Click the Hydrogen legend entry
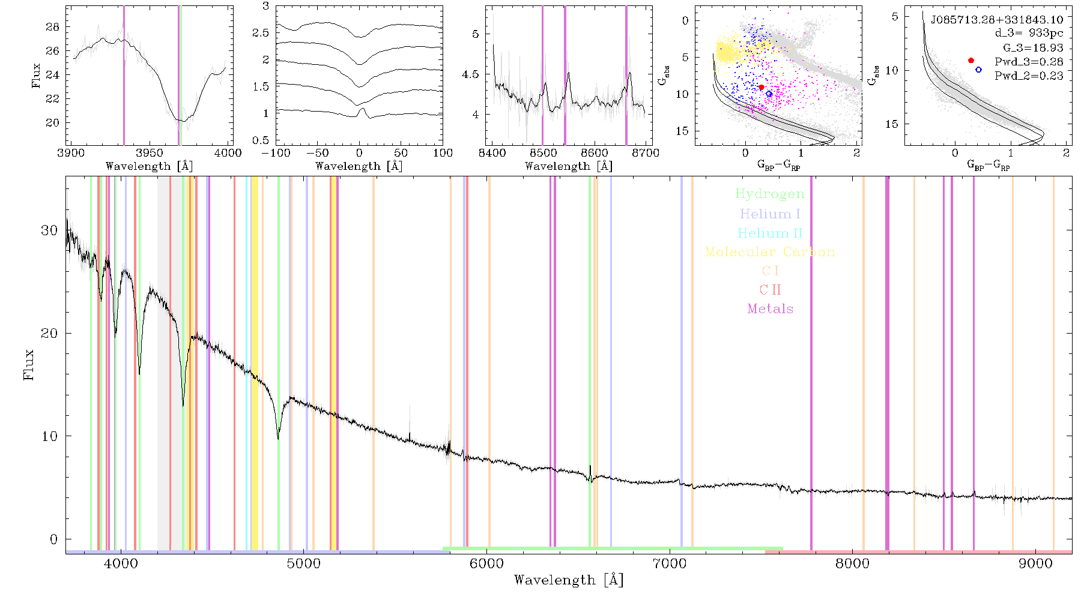coord(769,194)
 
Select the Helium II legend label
coord(770,233)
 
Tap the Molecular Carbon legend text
coord(770,252)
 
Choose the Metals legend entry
coord(771,309)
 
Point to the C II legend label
coord(770,290)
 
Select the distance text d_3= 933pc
coord(1029,34)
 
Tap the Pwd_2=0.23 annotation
coord(1029,76)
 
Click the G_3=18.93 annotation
coord(1033,48)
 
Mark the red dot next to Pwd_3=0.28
coord(971,61)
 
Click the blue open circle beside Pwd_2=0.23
coord(978,70)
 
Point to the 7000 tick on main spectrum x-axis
coord(670,563)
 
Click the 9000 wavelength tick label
coord(1035,563)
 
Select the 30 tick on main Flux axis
coord(49,230)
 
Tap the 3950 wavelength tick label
coord(150,152)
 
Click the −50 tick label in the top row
coord(317,152)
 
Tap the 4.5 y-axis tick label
coord(471,74)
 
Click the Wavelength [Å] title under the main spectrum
coord(569,580)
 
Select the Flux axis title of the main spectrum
coord(28,365)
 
